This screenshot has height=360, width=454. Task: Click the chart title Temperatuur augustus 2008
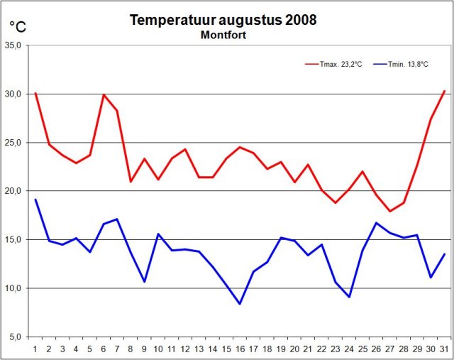[x=223, y=20]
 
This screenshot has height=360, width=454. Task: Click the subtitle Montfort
[x=223, y=35]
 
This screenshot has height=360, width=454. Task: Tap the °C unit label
[x=18, y=27]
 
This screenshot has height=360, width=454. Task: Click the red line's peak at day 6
[x=104, y=94]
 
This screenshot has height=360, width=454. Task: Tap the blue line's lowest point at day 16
[x=240, y=304]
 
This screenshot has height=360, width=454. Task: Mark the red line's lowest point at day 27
[x=389, y=211]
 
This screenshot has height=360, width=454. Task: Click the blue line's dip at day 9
[x=144, y=282]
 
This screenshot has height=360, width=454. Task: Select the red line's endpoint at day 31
[x=444, y=91]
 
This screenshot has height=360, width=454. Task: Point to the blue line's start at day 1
[x=35, y=200]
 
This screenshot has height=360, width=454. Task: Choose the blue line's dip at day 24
[x=349, y=297]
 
